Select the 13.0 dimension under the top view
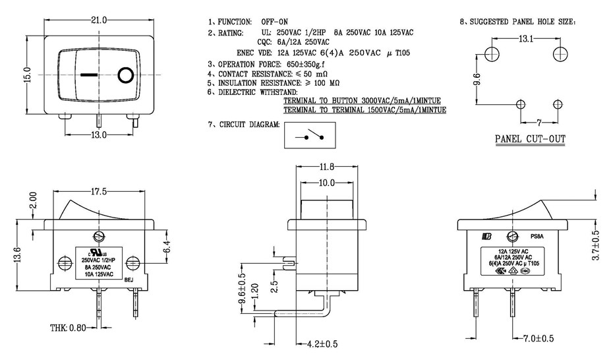[x=98, y=135]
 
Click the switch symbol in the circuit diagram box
[x=310, y=136]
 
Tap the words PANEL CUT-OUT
[x=530, y=139]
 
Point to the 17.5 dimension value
[x=99, y=192]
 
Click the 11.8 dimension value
[x=327, y=167]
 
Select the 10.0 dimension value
[x=327, y=182]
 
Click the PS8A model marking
[x=538, y=236]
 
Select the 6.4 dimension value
[x=167, y=247]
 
